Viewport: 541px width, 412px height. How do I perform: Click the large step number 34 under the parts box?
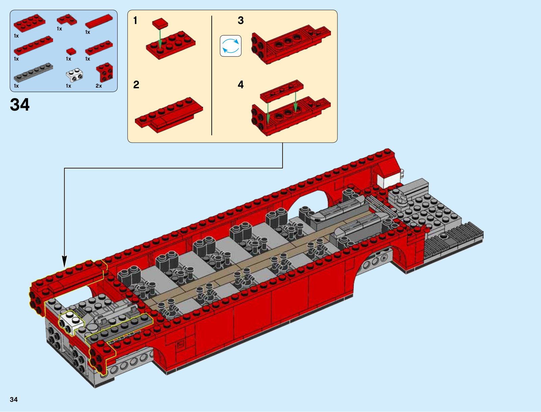[20, 105]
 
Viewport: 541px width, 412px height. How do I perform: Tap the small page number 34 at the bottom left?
[14, 399]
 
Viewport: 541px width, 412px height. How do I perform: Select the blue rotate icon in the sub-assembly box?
[231, 46]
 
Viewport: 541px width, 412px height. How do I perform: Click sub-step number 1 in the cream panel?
[135, 20]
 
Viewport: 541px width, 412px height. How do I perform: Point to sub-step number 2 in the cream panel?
[136, 85]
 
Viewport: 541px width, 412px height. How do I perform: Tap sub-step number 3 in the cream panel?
[240, 20]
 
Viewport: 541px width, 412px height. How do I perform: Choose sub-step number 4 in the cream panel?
[240, 85]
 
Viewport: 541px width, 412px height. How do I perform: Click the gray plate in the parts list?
[33, 72]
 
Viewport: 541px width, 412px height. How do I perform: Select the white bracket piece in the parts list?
[74, 75]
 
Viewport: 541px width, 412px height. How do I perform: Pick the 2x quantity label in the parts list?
[99, 86]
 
